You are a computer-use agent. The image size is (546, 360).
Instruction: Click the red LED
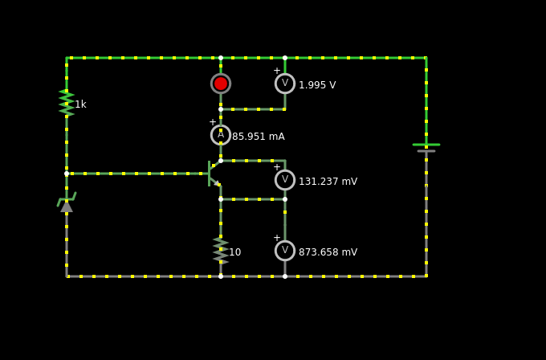click(x=221, y=84)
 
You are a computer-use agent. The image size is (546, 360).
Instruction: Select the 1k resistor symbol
click(x=67, y=103)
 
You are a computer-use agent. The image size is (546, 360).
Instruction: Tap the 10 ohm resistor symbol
click(x=221, y=250)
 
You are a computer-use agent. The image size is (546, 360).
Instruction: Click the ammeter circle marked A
click(x=221, y=135)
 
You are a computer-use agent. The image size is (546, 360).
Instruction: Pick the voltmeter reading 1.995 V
click(x=285, y=84)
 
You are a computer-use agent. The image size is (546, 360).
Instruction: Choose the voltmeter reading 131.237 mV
click(x=285, y=180)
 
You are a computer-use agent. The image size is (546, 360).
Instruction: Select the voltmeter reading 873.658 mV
click(x=285, y=251)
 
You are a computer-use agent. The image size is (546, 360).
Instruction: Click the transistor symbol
click(x=214, y=174)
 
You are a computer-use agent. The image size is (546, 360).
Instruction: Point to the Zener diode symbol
click(x=67, y=204)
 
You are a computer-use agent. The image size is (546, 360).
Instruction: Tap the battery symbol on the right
click(x=426, y=148)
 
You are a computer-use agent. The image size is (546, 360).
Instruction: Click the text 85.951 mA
click(x=258, y=137)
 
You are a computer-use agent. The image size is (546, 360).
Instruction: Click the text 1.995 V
click(x=317, y=85)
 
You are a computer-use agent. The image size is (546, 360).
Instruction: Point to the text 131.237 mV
click(x=328, y=182)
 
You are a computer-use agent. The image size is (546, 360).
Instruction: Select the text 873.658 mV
click(x=328, y=252)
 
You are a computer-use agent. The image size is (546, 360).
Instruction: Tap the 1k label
click(x=80, y=104)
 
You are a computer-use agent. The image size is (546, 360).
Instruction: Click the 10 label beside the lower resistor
click(x=234, y=252)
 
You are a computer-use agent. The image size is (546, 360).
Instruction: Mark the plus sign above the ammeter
click(x=213, y=123)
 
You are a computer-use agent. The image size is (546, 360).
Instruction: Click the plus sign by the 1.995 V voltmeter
click(x=277, y=71)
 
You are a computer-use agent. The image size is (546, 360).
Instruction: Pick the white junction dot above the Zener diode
click(x=67, y=174)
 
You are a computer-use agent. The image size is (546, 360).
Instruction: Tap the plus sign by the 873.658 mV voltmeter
click(x=277, y=238)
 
